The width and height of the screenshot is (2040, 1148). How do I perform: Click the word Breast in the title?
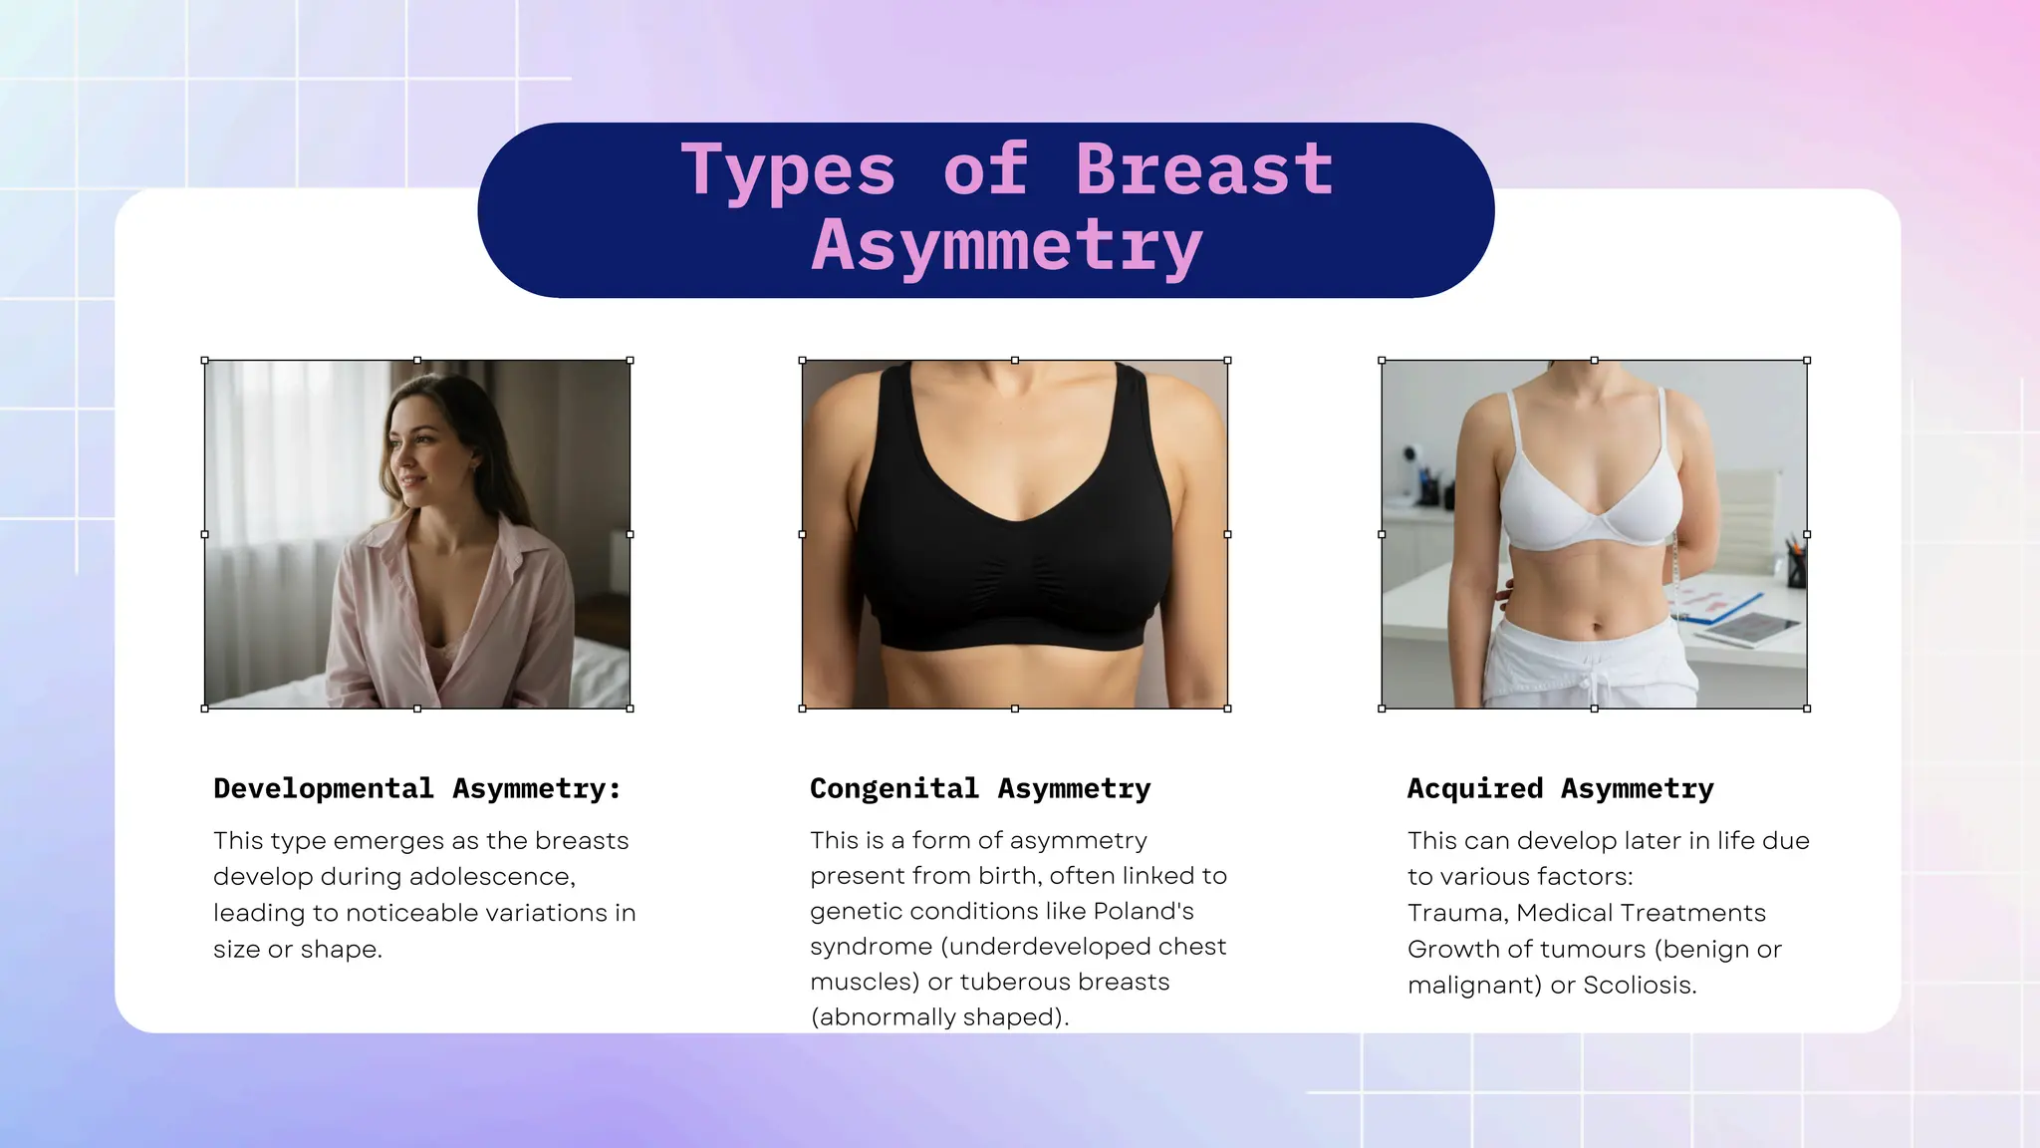[x=1203, y=169]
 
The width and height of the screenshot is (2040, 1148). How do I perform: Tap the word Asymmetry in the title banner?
[x=1007, y=245]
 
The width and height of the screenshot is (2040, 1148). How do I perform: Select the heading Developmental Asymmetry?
[x=417, y=788]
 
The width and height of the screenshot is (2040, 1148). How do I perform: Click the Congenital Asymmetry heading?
[x=980, y=788]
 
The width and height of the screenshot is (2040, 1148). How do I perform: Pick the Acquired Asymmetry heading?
[x=1560, y=788]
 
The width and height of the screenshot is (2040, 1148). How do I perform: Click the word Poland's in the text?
[x=1144, y=911]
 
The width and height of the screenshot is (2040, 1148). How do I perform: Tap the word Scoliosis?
[x=1639, y=986]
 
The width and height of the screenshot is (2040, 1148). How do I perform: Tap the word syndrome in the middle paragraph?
[x=871, y=947]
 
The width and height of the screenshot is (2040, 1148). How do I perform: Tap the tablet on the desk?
[x=1751, y=627]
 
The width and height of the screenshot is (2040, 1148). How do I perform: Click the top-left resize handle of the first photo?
[x=205, y=361]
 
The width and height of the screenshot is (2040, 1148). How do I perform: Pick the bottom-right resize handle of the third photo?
[x=1807, y=709]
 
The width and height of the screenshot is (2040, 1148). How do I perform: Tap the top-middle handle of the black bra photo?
[x=1015, y=361]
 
